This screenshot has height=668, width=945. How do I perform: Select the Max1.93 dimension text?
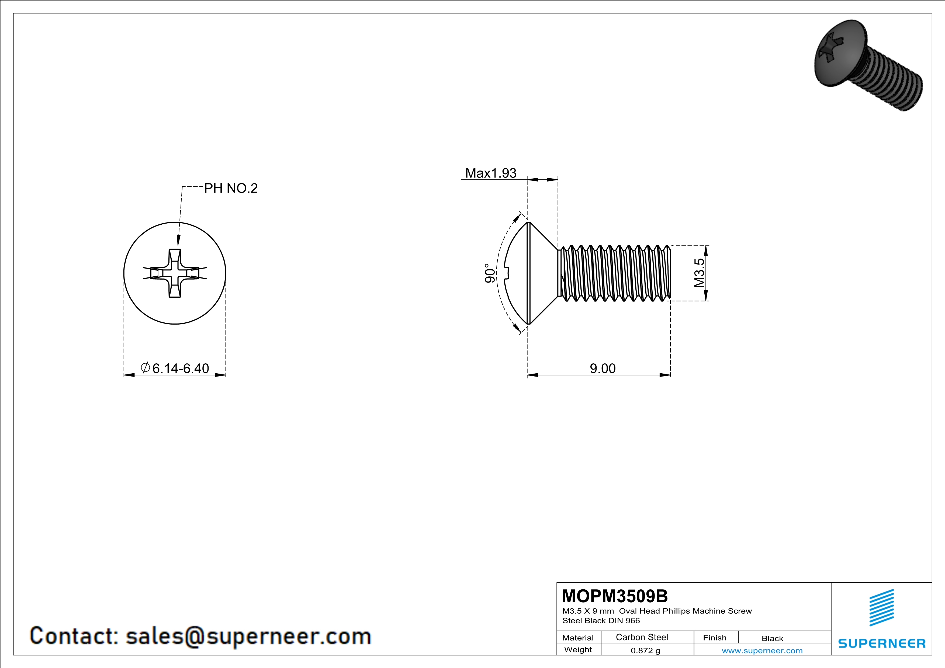491,173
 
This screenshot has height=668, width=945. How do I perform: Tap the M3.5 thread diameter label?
699,273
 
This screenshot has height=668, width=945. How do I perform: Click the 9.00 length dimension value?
603,368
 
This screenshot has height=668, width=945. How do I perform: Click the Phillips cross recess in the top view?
175,273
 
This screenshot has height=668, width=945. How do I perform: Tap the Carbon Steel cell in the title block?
642,637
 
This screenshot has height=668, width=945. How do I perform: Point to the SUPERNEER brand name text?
882,643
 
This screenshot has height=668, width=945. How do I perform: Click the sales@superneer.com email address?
248,636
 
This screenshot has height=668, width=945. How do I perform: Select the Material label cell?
578,638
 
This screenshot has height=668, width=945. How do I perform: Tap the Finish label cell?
715,638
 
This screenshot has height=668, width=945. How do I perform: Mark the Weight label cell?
578,649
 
